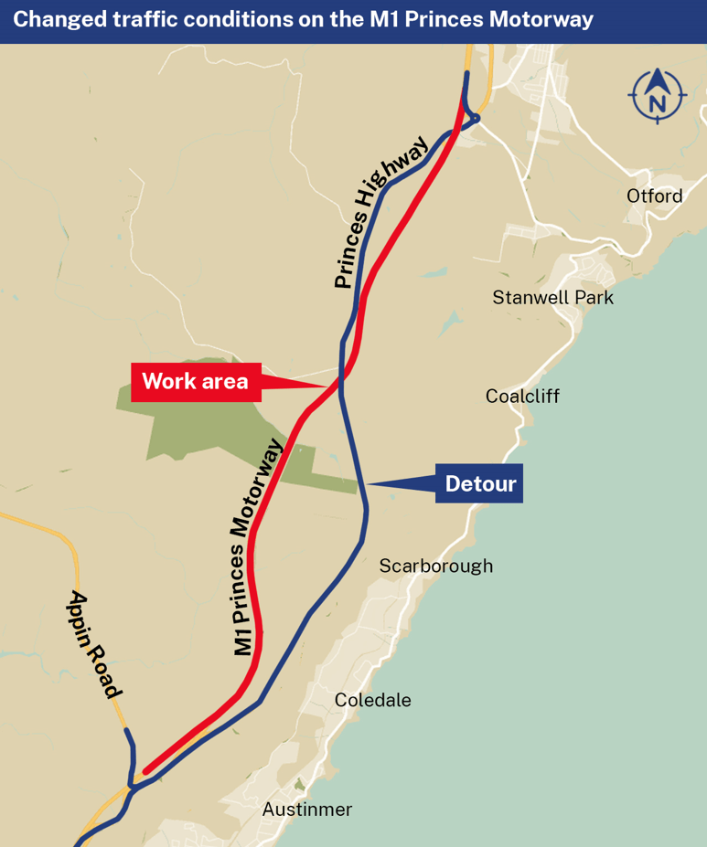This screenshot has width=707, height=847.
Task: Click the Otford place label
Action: (654, 196)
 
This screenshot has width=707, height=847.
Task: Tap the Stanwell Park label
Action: (552, 298)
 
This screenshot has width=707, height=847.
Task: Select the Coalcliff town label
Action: (522, 396)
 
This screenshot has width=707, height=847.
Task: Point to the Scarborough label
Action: (436, 566)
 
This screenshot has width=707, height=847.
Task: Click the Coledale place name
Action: (372, 700)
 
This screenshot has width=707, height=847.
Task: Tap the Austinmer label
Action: (306, 810)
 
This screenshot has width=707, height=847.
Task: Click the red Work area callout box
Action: (196, 382)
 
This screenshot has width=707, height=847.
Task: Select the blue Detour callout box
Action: (479, 483)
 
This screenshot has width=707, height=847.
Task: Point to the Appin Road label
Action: (95, 644)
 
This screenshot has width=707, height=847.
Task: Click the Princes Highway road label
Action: (380, 212)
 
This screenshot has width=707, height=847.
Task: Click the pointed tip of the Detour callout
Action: (366, 483)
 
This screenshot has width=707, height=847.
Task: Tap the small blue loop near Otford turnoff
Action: (472, 119)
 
